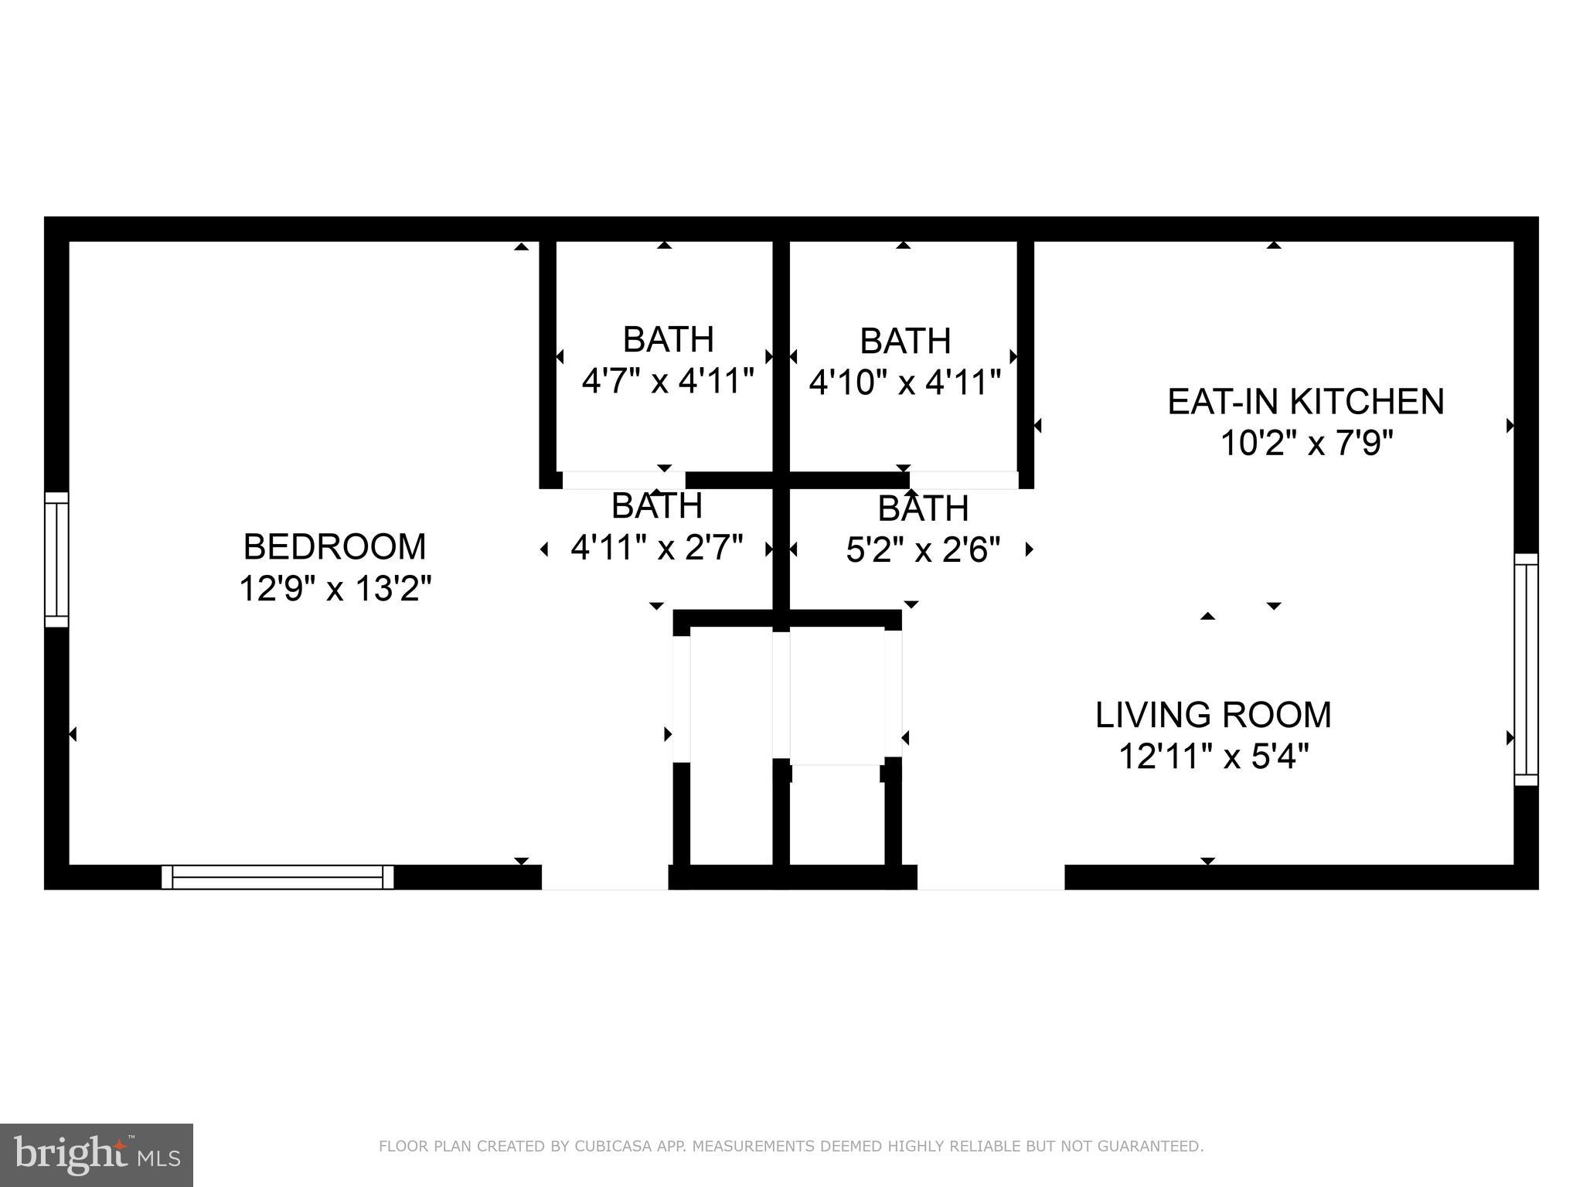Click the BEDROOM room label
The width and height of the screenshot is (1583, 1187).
[334, 547]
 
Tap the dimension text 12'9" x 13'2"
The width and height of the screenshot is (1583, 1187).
[334, 589]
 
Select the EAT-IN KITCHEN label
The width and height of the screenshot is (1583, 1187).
[1306, 402]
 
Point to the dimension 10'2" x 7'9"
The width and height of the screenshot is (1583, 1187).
[1306, 444]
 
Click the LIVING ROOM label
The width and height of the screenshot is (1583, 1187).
[1214, 715]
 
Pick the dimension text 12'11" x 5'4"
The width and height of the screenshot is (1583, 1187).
[1214, 757]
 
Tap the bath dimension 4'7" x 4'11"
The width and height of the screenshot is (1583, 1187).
[667, 381]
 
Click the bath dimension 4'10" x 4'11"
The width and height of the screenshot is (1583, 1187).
[904, 382]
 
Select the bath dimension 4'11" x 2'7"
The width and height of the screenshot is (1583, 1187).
[656, 548]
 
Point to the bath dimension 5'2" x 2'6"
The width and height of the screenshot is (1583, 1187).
[923, 550]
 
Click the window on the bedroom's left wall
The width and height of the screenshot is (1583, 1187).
[56, 559]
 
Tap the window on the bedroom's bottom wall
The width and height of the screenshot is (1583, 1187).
[277, 877]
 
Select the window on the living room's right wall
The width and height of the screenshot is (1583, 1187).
[1526, 669]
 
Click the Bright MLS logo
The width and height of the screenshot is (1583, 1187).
[96, 1155]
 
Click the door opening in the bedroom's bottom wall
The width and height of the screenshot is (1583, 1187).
[604, 877]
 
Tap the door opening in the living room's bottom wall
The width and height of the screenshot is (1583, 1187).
[990, 877]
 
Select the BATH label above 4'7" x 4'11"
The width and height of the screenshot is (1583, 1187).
[668, 339]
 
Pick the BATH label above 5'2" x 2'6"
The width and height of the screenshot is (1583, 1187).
[923, 508]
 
